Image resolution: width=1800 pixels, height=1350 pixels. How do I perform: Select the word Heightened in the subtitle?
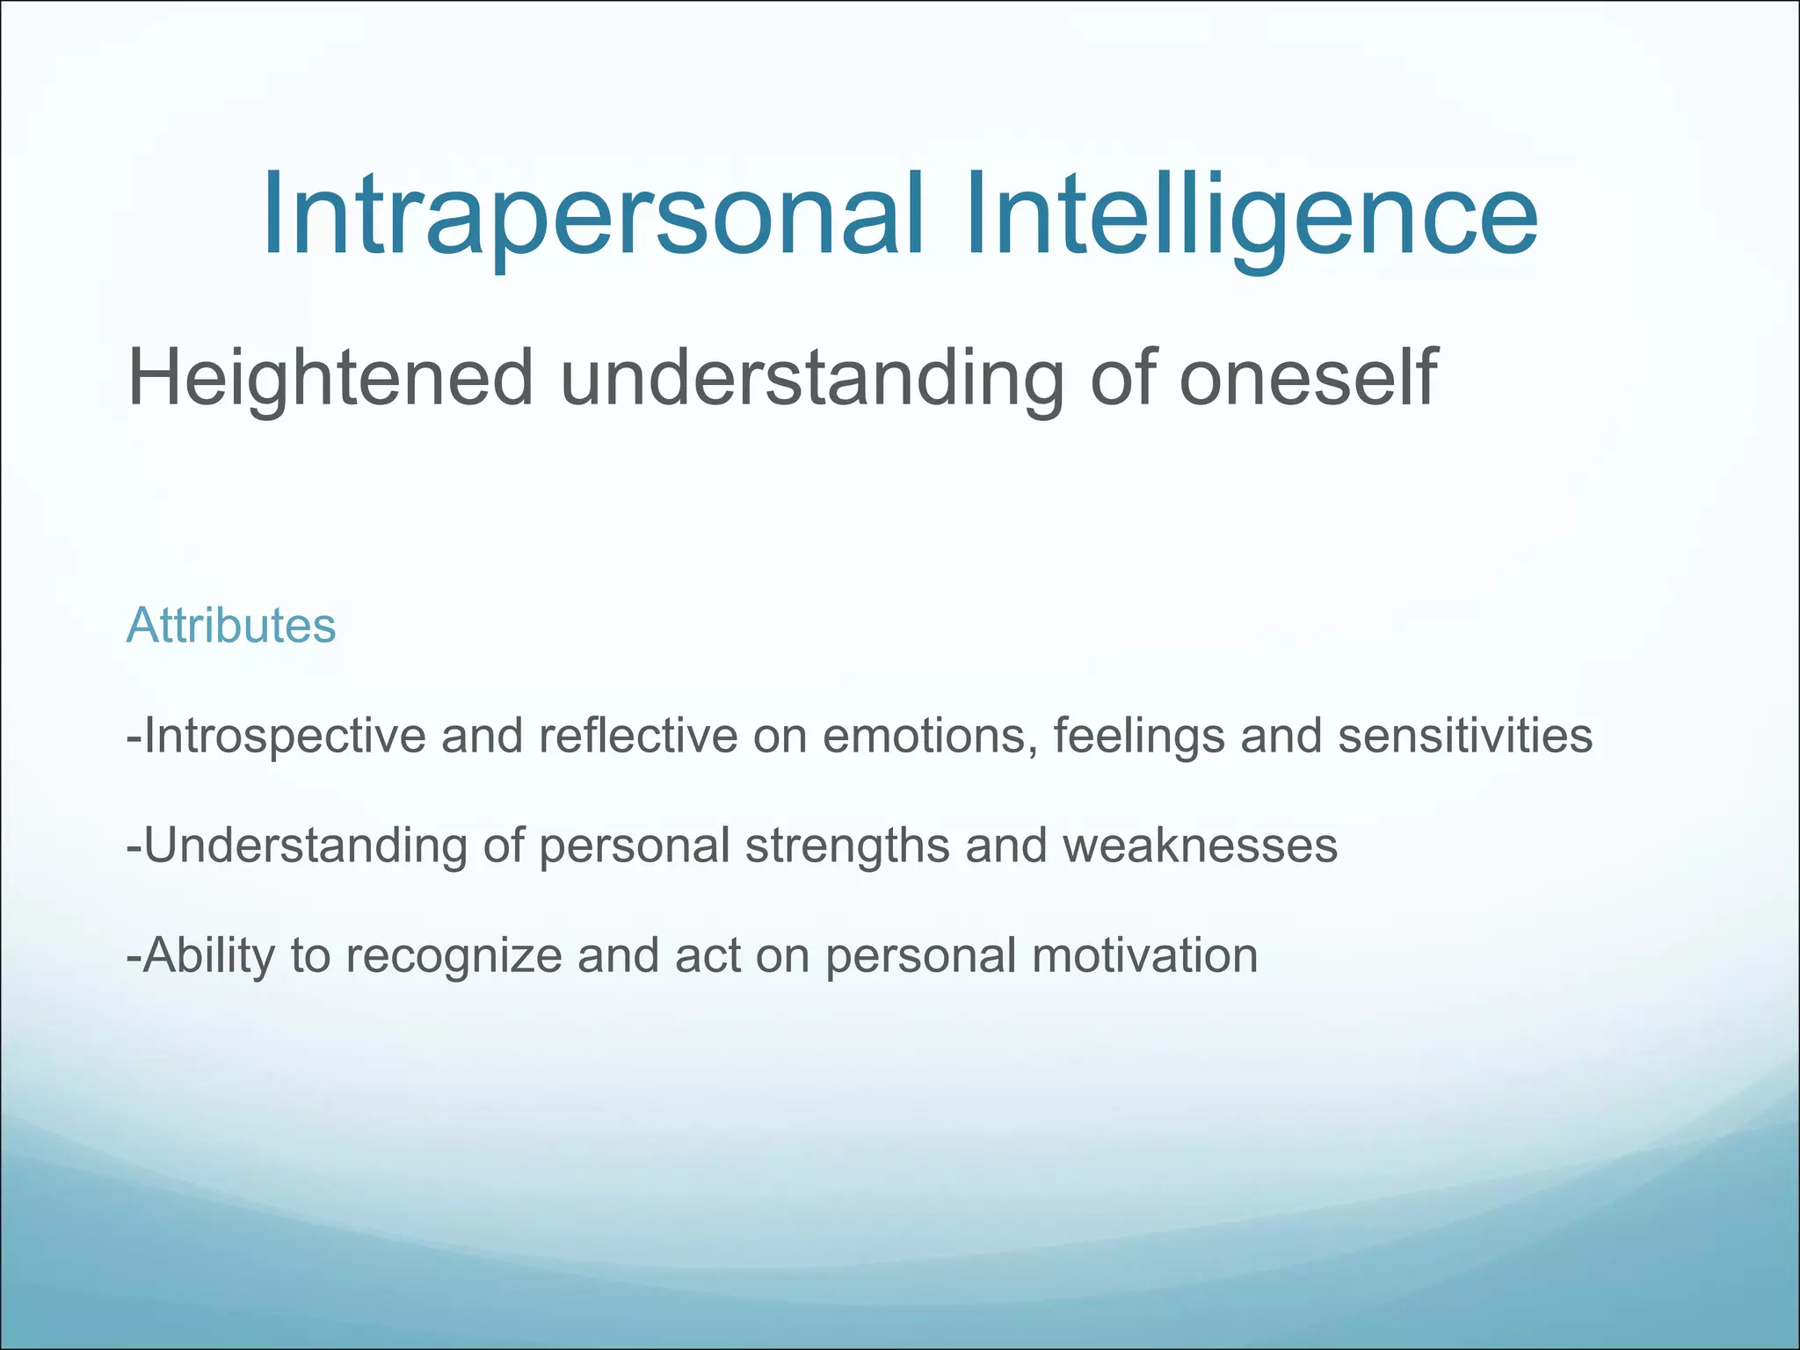pos(330,378)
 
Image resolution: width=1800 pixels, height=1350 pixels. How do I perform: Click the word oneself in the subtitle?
pos(1307,378)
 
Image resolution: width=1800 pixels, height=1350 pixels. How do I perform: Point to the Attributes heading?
pos(231,626)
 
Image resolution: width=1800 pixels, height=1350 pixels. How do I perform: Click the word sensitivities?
pos(1464,736)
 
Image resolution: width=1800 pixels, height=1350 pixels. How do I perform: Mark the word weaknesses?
pos(1200,846)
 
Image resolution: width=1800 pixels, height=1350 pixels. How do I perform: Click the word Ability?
pos(209,956)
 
